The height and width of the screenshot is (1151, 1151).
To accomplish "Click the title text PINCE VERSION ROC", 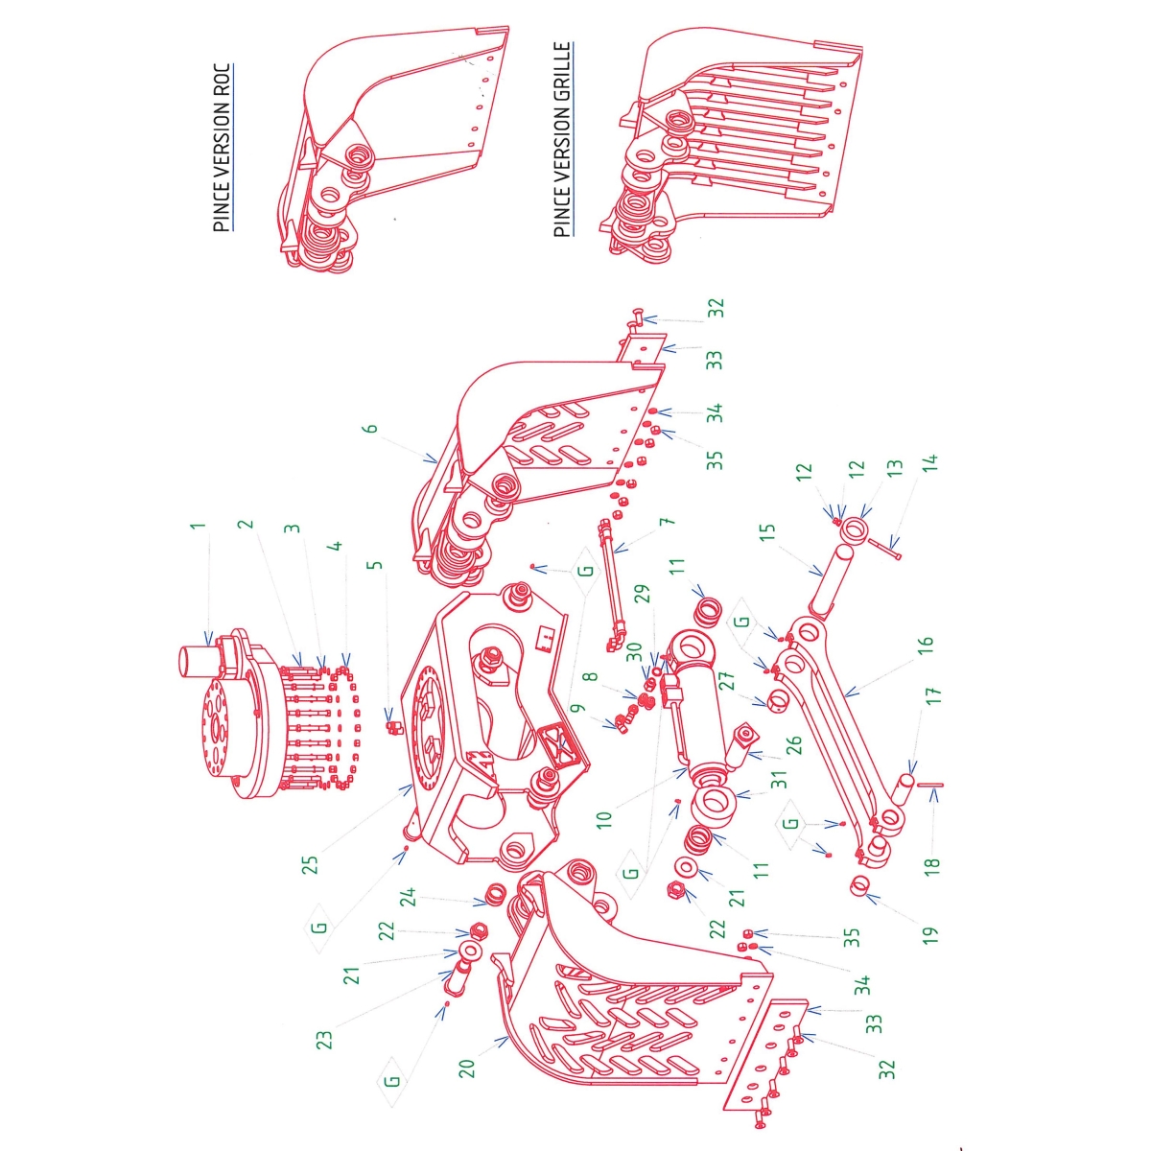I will (x=222, y=148).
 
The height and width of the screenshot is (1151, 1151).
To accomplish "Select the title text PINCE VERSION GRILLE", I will (x=562, y=140).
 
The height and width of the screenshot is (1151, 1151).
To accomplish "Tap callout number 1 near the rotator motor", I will (x=198, y=527).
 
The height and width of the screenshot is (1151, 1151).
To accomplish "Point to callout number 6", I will (x=371, y=429).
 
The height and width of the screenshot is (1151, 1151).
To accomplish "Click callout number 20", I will (x=467, y=1067).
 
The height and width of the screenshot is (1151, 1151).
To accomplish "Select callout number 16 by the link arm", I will (x=925, y=646).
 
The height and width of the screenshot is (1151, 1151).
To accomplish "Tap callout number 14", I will (x=929, y=462).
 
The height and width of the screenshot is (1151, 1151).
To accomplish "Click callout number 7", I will (x=668, y=522).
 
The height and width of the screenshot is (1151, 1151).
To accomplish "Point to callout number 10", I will (x=603, y=819).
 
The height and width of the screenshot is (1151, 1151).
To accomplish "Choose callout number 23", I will (x=324, y=1039).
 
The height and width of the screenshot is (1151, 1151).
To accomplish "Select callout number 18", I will (x=931, y=863).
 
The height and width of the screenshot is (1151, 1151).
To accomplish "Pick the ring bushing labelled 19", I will (x=862, y=887).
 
